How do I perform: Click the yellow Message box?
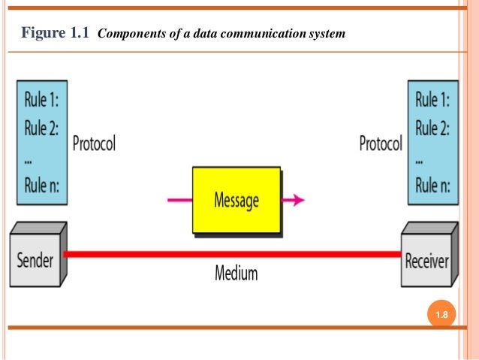[236, 200]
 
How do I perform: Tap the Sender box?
[36, 260]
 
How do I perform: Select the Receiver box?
[426, 261]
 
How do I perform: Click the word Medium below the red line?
[236, 273]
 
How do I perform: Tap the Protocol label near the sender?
[94, 144]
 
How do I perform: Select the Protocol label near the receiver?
[381, 144]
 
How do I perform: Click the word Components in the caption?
[130, 34]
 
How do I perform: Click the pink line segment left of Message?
[179, 200]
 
